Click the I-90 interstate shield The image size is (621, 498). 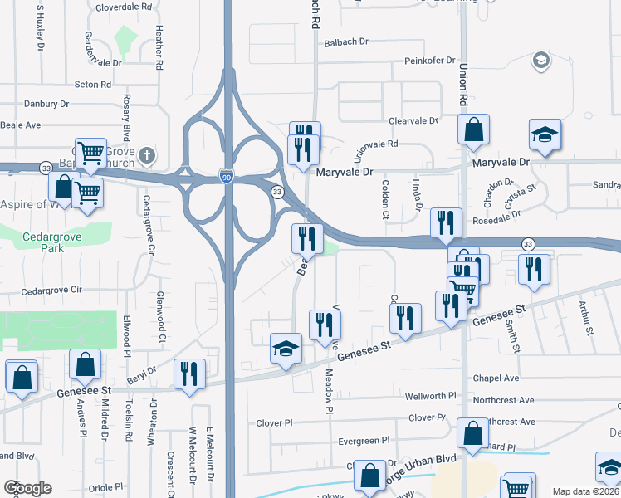pos(227,177)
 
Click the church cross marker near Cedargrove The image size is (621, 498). pos(147,154)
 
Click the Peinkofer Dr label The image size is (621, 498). pos(430,61)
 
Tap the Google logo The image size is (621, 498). pos(27,488)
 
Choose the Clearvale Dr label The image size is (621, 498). pos(413,120)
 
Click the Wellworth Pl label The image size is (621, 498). pos(430,397)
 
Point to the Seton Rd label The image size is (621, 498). pos(92,85)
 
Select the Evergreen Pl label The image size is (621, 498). pos(364,440)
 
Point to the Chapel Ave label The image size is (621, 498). pos(495,378)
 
